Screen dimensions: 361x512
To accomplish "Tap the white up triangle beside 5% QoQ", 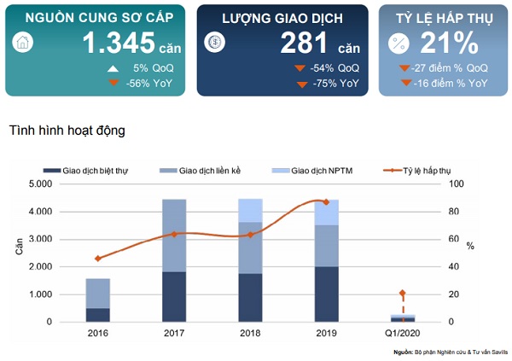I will (111, 68).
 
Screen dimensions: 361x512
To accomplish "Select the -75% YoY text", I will (335, 84).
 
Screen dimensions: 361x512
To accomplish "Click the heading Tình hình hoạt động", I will (67, 131).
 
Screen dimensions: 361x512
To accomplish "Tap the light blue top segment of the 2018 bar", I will (250, 210).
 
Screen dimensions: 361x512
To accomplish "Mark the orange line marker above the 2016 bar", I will (98, 258).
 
